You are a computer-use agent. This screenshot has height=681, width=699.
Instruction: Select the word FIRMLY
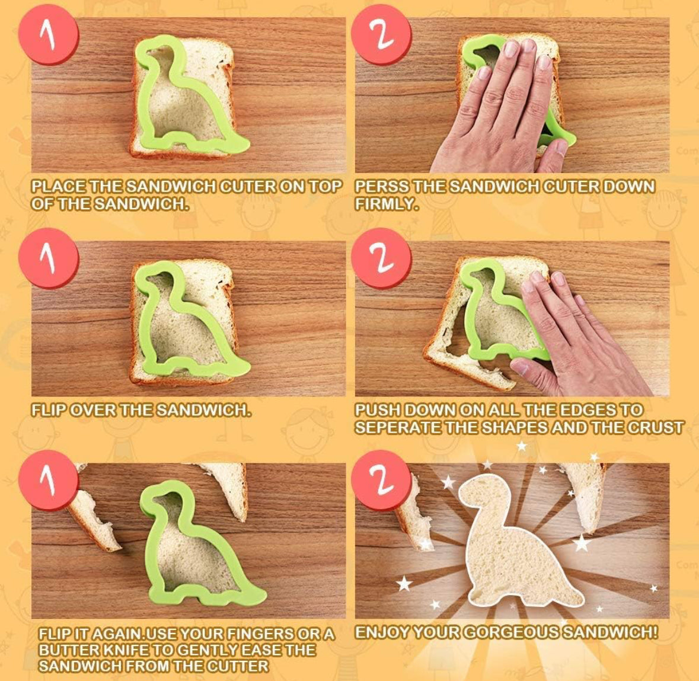click(387, 204)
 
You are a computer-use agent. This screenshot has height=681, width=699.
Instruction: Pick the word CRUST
click(658, 428)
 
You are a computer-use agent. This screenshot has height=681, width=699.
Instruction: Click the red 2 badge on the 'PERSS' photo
click(381, 35)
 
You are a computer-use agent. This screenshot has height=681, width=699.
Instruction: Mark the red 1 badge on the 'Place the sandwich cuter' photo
click(49, 35)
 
